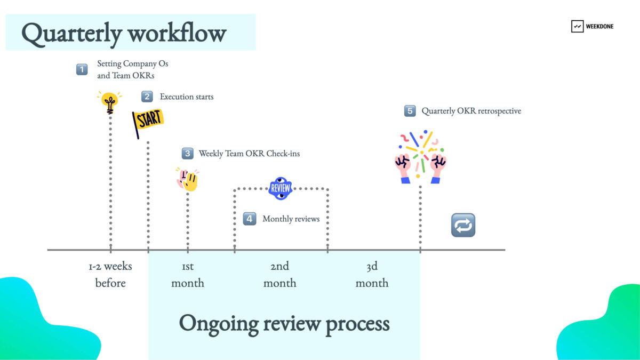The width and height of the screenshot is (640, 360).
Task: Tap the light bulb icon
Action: point(110,102)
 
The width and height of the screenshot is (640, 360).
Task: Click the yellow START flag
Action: point(148,122)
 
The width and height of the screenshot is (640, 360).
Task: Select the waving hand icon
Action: point(188,179)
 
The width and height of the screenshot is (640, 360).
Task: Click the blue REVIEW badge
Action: point(281,188)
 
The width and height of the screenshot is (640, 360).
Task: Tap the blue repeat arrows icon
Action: point(462,225)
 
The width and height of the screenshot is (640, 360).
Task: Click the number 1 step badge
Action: point(82,69)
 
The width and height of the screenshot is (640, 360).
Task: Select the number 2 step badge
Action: point(147,97)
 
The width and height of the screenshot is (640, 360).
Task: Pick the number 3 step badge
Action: point(187,154)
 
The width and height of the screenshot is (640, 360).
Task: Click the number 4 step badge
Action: point(250,219)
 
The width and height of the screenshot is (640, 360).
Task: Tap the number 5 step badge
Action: point(410,111)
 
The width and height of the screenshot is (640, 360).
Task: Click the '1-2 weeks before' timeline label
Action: point(110,274)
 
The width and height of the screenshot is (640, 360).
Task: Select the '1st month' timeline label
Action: point(188,274)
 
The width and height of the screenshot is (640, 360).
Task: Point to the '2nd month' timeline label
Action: point(279,274)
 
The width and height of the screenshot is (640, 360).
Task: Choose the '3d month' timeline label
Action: point(372,274)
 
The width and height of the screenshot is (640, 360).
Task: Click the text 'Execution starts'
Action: point(187,97)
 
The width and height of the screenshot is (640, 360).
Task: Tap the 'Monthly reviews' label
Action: point(291,219)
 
